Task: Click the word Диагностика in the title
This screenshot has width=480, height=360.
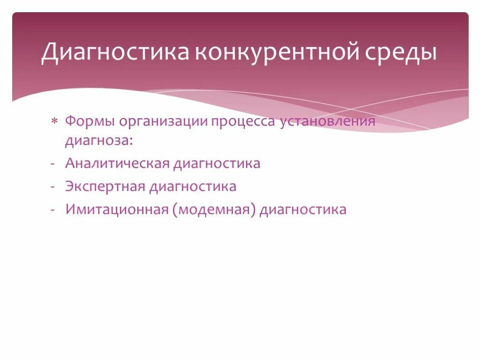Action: point(115,52)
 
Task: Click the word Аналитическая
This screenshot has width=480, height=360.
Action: point(117,164)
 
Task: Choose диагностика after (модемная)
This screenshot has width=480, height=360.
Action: point(303,210)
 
